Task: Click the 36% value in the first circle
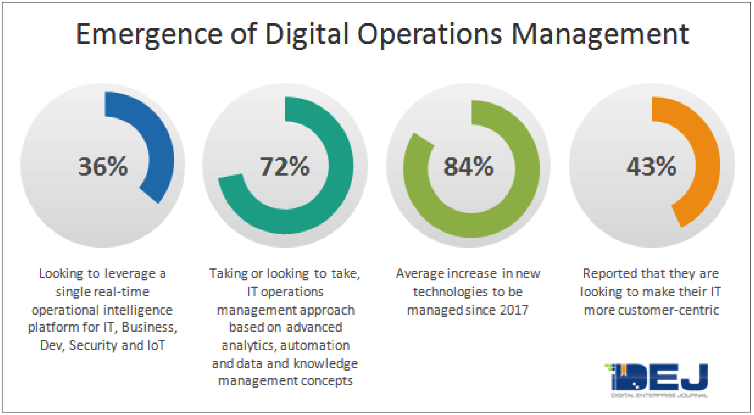103,166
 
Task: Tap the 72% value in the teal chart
285,166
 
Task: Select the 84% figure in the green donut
468,166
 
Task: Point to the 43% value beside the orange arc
651,166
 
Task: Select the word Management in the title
600,34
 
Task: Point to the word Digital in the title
307,34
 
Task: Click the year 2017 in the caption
514,310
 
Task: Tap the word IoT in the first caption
156,345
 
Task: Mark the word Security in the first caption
93,345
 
